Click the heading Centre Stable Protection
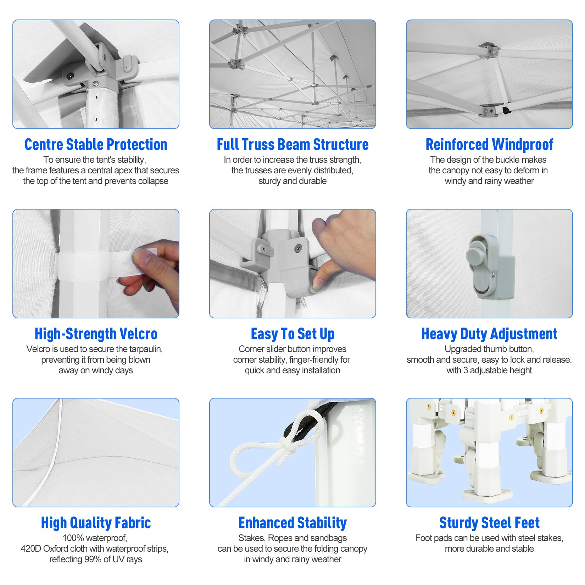click(96, 145)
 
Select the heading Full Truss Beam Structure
click(292, 145)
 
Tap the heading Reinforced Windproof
click(489, 145)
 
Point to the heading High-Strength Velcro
click(96, 334)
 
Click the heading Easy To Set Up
click(292, 334)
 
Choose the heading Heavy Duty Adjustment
click(489, 334)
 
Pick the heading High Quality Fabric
click(96, 523)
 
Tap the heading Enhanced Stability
click(292, 523)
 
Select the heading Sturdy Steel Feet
click(489, 523)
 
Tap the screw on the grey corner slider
click(298, 249)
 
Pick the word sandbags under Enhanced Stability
click(330, 538)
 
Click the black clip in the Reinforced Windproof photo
click(507, 110)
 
